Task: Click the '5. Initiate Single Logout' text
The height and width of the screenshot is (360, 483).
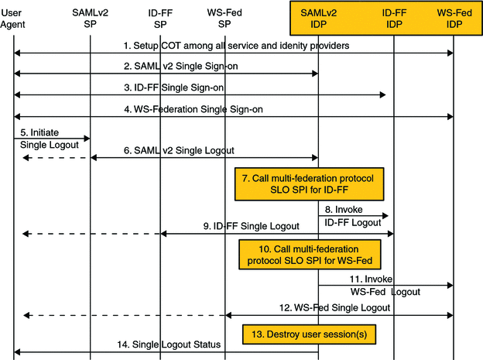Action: click(x=45, y=139)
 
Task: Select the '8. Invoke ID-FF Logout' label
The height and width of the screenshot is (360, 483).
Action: click(x=353, y=216)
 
